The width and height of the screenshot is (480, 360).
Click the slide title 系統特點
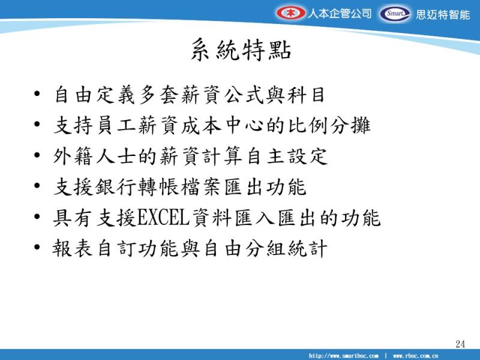[x=241, y=50]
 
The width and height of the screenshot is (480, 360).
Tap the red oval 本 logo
[x=290, y=13]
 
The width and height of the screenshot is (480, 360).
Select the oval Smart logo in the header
[x=395, y=14]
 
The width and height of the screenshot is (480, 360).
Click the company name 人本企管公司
[x=339, y=13]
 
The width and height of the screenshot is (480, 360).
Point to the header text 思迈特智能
[x=443, y=14]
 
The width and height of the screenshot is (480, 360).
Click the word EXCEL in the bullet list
[x=163, y=218]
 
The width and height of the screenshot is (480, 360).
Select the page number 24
[x=460, y=344]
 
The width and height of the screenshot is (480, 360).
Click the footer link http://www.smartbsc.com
[x=343, y=356]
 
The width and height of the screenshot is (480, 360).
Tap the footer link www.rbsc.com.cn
[x=415, y=356]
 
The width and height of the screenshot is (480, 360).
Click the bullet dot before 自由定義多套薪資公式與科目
[x=37, y=94]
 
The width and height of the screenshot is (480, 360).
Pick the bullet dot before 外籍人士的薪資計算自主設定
[x=37, y=155]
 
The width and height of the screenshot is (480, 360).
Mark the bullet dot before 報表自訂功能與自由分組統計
[x=37, y=247]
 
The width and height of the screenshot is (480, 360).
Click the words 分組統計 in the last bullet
[x=286, y=248]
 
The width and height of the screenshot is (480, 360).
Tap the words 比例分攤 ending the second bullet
[x=329, y=125]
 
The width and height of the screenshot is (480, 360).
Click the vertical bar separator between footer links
[x=386, y=356]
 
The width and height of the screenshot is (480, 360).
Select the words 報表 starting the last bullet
[x=73, y=248]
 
